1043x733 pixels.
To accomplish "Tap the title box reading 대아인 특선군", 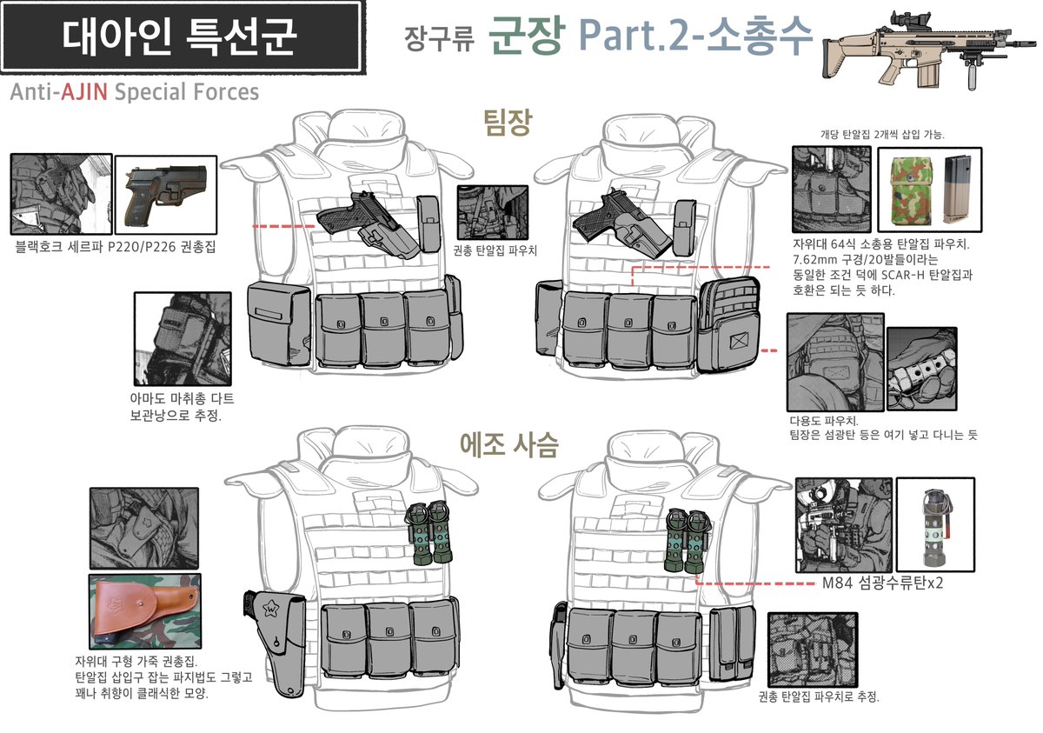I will pyautogui.click(x=181, y=37).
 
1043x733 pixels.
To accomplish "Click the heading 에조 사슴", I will pyautogui.click(x=508, y=445).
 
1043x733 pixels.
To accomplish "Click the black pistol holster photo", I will pyautogui.click(x=165, y=194).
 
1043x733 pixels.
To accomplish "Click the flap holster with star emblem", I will pyautogui.click(x=271, y=640).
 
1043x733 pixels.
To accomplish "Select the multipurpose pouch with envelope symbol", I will pyautogui.click(x=731, y=324).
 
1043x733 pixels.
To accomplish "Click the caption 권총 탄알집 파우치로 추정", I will pyautogui.click(x=818, y=696).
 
